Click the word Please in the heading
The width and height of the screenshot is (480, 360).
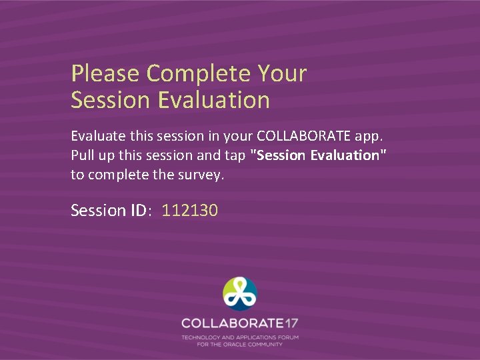pos(106,73)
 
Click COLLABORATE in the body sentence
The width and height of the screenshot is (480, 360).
pos(301,136)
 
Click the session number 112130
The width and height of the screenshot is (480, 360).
pos(190,211)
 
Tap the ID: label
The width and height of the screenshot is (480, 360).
pos(141,211)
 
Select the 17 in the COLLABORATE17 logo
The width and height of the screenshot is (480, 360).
pos(291,323)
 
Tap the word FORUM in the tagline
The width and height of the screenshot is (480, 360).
pos(289,338)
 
